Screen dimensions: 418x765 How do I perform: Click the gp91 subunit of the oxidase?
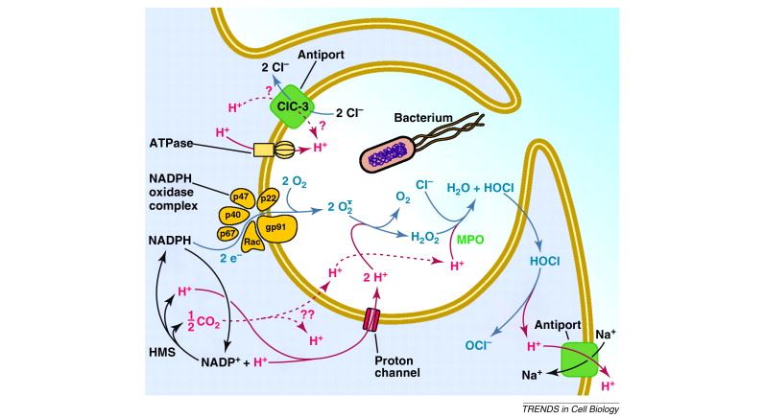(x=278, y=227)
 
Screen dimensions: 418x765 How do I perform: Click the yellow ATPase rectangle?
(x=263, y=150)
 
